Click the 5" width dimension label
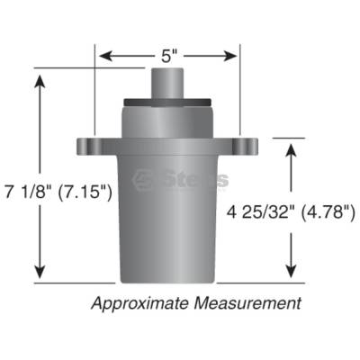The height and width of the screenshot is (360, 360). [x=168, y=56]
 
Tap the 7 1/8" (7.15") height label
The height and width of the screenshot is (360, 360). [x=56, y=192]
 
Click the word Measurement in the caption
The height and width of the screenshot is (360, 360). [x=247, y=303]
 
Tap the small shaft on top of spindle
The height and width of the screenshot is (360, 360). [x=168, y=81]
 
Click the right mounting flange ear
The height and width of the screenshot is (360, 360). [x=243, y=146]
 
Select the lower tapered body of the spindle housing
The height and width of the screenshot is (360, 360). [x=168, y=225]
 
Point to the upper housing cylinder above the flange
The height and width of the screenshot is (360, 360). [x=168, y=121]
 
